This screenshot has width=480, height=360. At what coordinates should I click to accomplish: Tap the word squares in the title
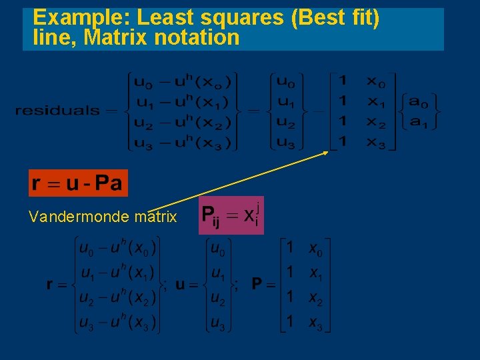point(249,17)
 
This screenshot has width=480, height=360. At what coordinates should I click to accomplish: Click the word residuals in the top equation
point(57,111)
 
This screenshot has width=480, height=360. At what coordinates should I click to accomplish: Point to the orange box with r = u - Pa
point(77,183)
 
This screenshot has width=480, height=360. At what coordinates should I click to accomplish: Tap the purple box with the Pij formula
point(231,215)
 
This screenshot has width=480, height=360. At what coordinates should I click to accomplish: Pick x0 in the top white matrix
point(376,82)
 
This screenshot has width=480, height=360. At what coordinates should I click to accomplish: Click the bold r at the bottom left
point(50,285)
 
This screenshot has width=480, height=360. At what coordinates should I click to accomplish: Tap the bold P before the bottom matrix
point(257,285)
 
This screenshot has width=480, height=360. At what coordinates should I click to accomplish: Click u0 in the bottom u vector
point(218,249)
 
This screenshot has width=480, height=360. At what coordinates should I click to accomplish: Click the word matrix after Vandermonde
point(155,217)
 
